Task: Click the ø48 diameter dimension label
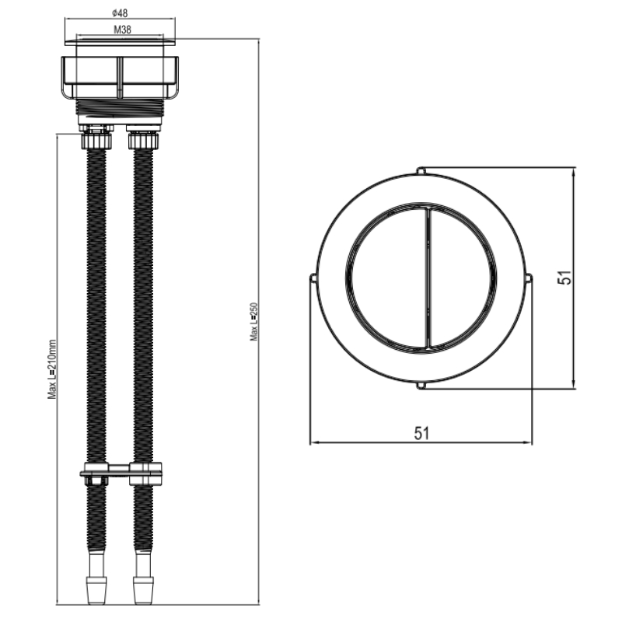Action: click(120, 13)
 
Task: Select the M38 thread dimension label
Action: click(122, 30)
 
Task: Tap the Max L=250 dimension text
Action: click(254, 322)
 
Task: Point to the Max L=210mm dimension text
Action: click(52, 369)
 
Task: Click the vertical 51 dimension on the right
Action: click(564, 278)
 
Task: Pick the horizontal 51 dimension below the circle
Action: click(421, 433)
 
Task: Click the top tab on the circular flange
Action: click(421, 171)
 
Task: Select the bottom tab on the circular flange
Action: click(421, 385)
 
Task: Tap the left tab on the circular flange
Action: click(313, 278)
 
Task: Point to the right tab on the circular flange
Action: click(529, 278)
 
